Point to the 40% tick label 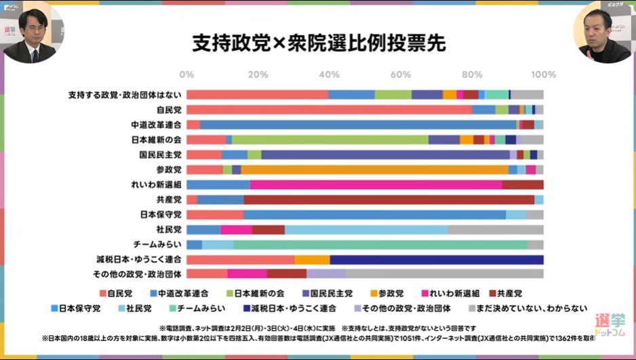click(329, 74)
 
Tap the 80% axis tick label click(472, 74)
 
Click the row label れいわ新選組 click(157, 184)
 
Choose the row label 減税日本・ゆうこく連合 click(139, 259)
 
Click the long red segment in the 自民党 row click(329, 110)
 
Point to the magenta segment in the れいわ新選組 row click(376, 184)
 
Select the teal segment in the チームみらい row click(380, 244)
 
